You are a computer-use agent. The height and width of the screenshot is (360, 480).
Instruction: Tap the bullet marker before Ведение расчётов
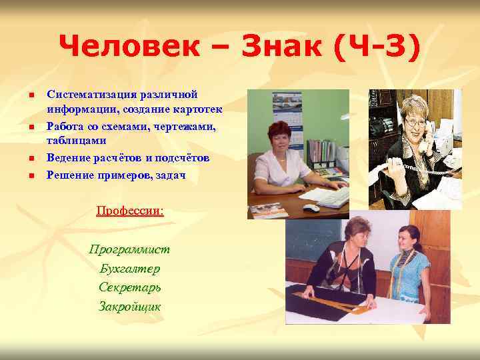pyautogui.click(x=31, y=159)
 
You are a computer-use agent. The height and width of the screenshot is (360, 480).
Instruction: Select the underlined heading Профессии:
pyautogui.click(x=130, y=211)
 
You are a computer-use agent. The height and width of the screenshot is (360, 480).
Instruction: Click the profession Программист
pyautogui.click(x=130, y=249)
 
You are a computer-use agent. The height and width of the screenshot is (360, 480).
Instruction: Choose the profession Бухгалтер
pyautogui.click(x=130, y=269)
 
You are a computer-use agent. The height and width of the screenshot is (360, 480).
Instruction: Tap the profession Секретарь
pyautogui.click(x=130, y=288)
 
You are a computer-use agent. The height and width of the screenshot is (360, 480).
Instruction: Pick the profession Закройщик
pyautogui.click(x=130, y=307)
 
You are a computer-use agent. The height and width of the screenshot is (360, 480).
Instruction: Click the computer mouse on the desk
pyautogui.click(x=311, y=208)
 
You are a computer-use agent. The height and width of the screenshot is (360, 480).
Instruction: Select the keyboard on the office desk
pyautogui.click(x=333, y=197)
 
